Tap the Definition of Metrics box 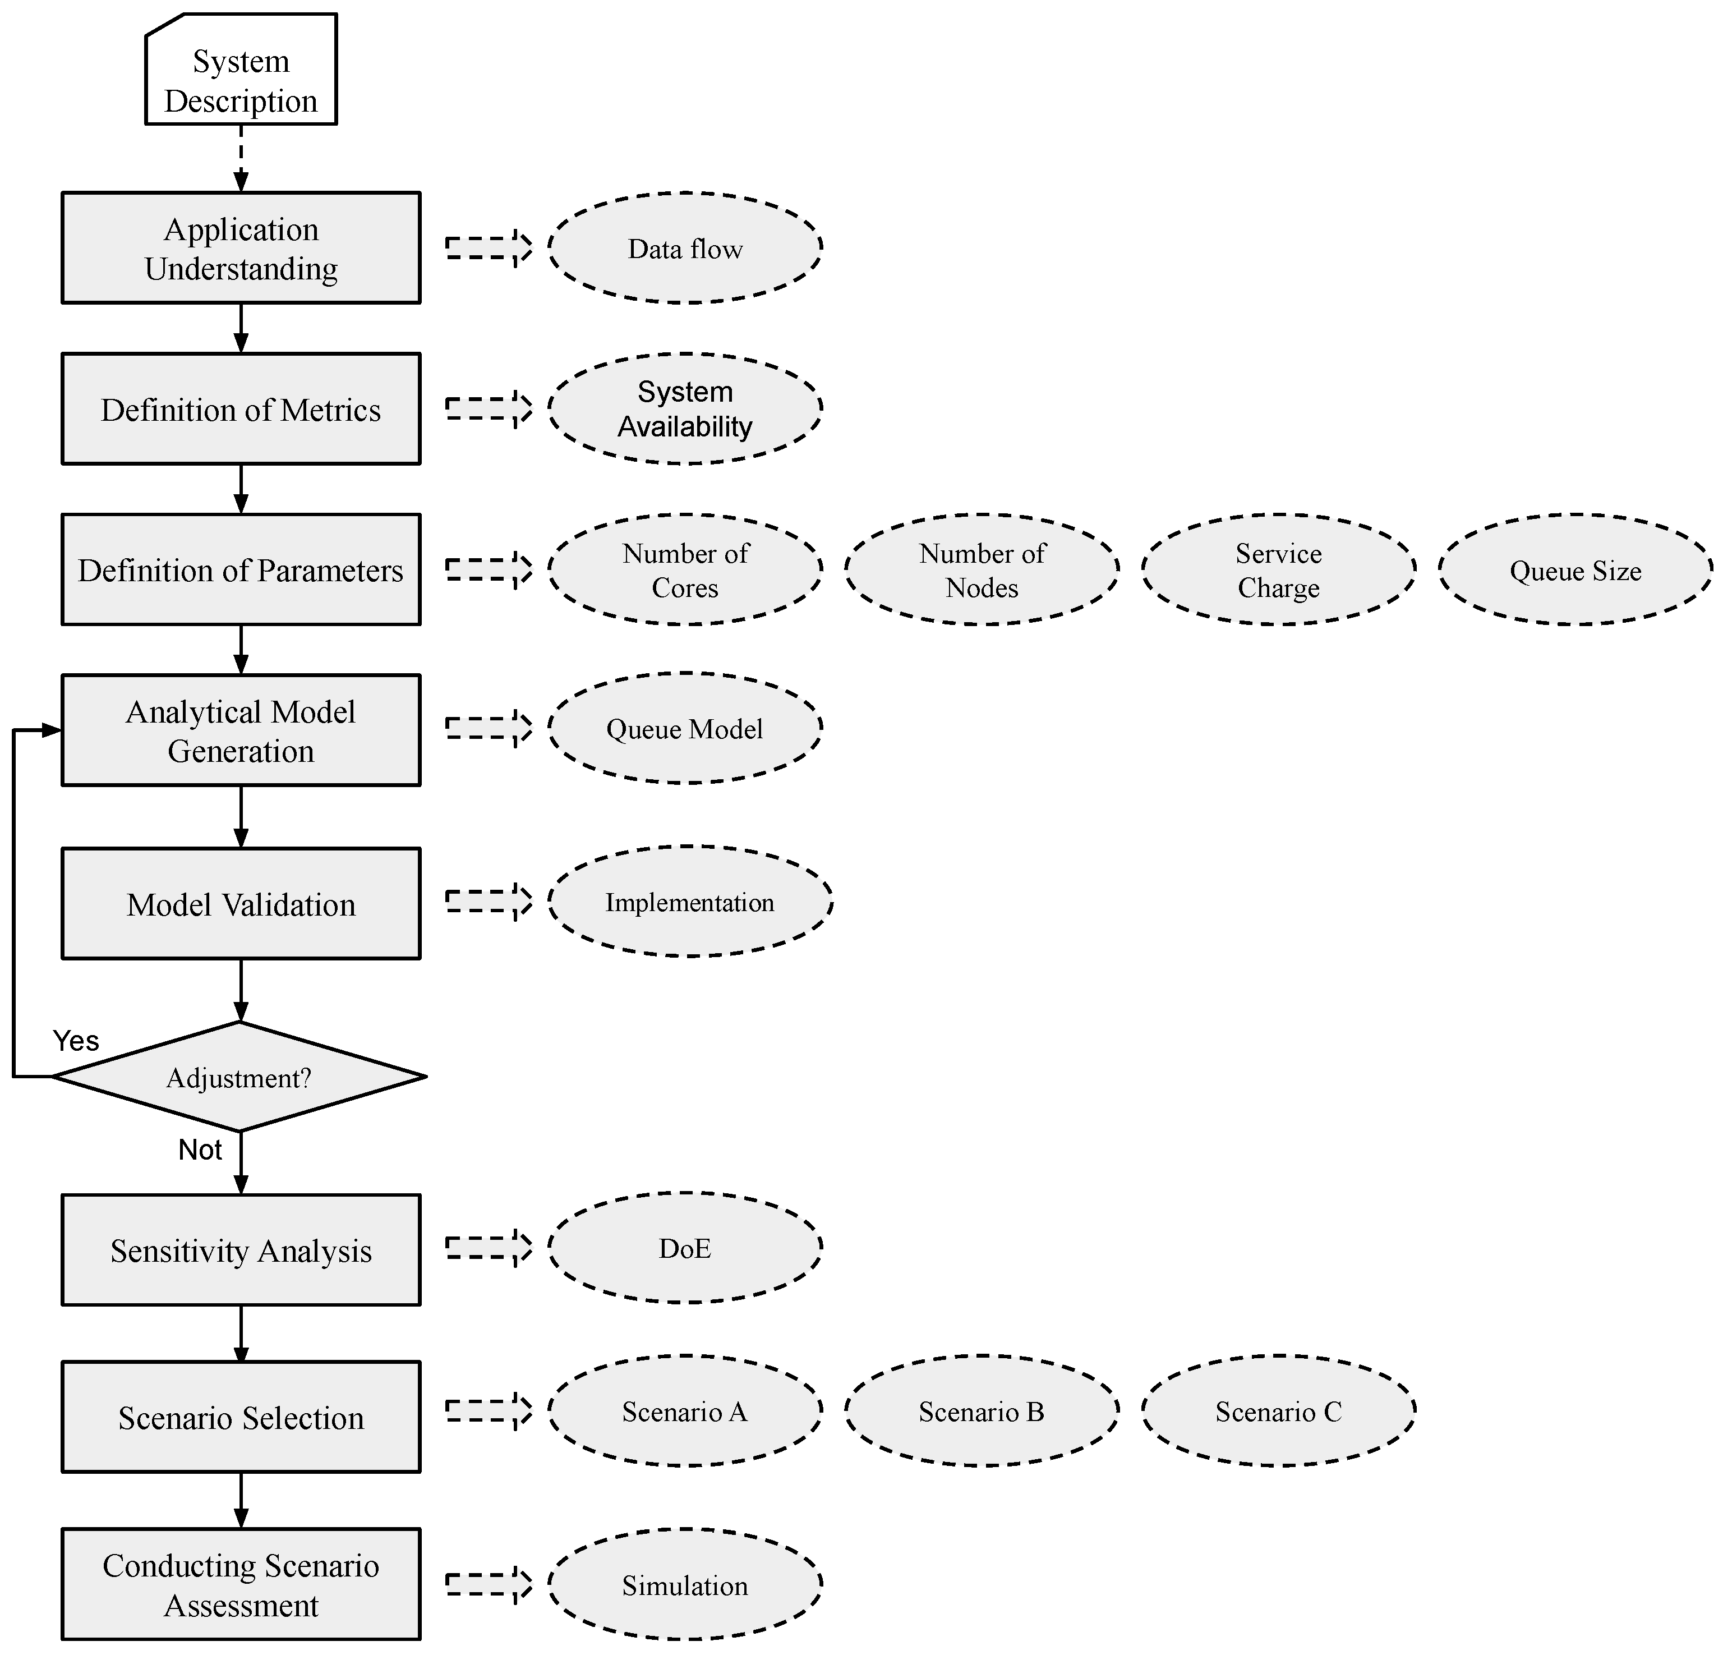pos(241,409)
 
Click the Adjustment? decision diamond pos(239,1077)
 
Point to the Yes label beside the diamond pos(76,1041)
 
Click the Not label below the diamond pos(200,1150)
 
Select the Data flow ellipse pos(685,249)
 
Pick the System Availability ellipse pos(685,409)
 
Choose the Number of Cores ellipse pos(685,570)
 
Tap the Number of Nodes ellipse pos(982,570)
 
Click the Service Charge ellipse pos(1278,570)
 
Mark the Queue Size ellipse pos(1575,570)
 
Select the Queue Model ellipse pos(685,728)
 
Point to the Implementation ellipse pos(690,902)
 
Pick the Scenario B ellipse pos(982,1412)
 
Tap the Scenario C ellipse pos(1278,1412)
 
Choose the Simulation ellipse pos(685,1585)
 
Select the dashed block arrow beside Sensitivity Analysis pos(489,1248)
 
